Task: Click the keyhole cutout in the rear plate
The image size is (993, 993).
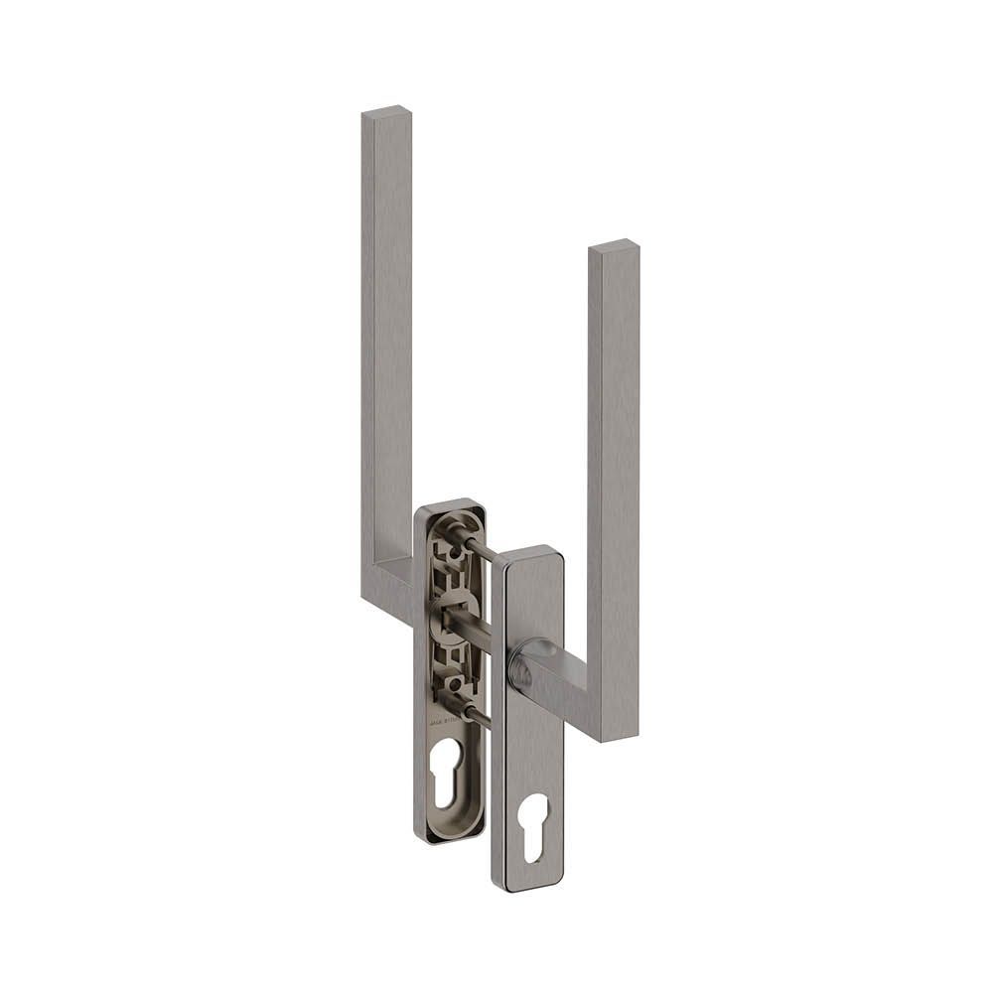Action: point(447,771)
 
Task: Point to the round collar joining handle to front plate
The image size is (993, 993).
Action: point(522,666)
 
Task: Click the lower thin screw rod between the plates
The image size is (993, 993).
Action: point(478,713)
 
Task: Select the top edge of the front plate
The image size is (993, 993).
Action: point(528,552)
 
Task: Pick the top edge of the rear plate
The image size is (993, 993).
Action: point(449,505)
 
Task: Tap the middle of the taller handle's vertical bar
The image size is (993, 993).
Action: point(386,348)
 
